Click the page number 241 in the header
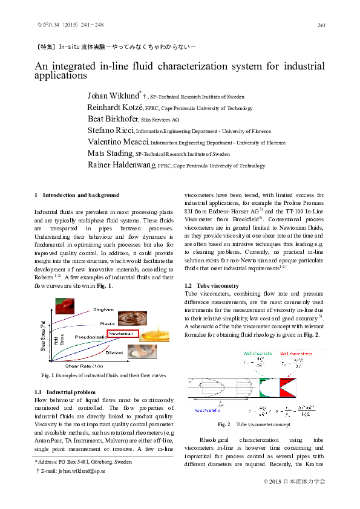pos(321,25)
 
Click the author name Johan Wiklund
pos(114,96)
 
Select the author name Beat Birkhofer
pos(113,119)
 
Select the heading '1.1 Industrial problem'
pos(65,392)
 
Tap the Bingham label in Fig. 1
pos(103,310)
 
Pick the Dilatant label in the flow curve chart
pos(114,352)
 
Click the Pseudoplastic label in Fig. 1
pos(91,336)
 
